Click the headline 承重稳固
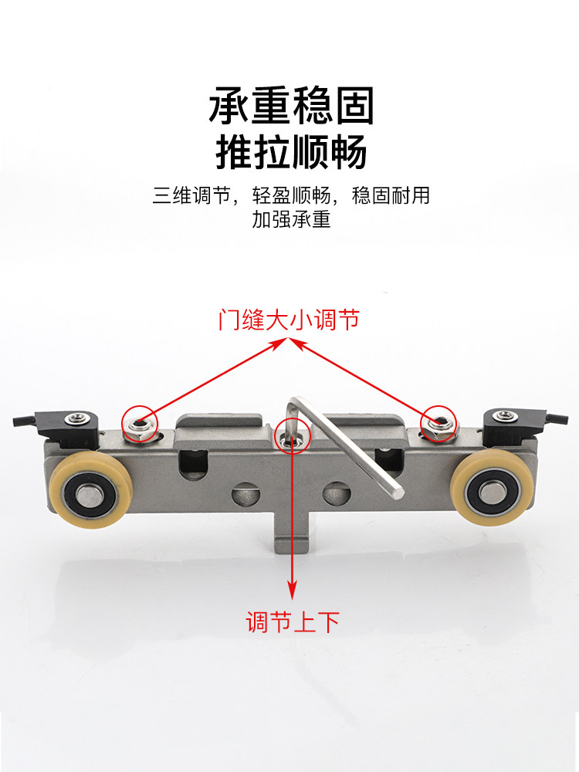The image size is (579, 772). click(291, 107)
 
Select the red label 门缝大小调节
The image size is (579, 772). click(289, 320)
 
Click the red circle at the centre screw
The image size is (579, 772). click(293, 437)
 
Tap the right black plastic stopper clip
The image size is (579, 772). click(513, 421)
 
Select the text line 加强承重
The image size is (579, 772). click(291, 220)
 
